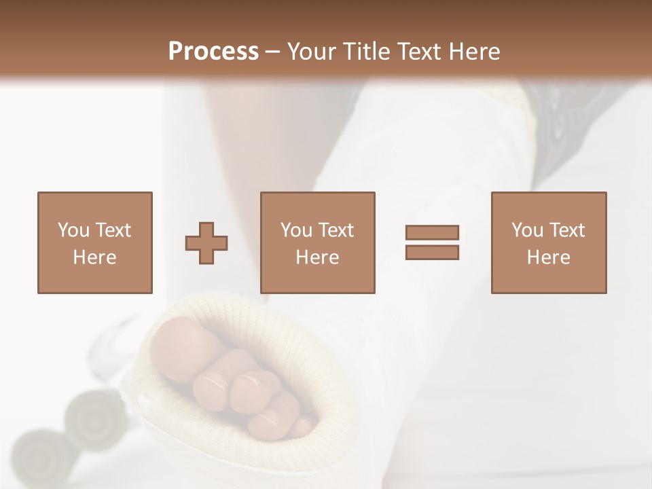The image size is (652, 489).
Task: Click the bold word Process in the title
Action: [x=213, y=52]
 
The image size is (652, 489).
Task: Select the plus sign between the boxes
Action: [x=206, y=243]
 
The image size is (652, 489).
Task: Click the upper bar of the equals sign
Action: [x=432, y=232]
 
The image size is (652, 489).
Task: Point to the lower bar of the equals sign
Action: [x=432, y=253]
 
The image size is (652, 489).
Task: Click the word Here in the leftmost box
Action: [x=94, y=257]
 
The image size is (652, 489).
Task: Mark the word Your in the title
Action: [x=312, y=52]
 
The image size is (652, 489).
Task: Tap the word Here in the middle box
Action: [x=317, y=257]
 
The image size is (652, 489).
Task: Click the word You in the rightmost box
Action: [x=527, y=230]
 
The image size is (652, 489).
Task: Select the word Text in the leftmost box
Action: [x=113, y=230]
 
